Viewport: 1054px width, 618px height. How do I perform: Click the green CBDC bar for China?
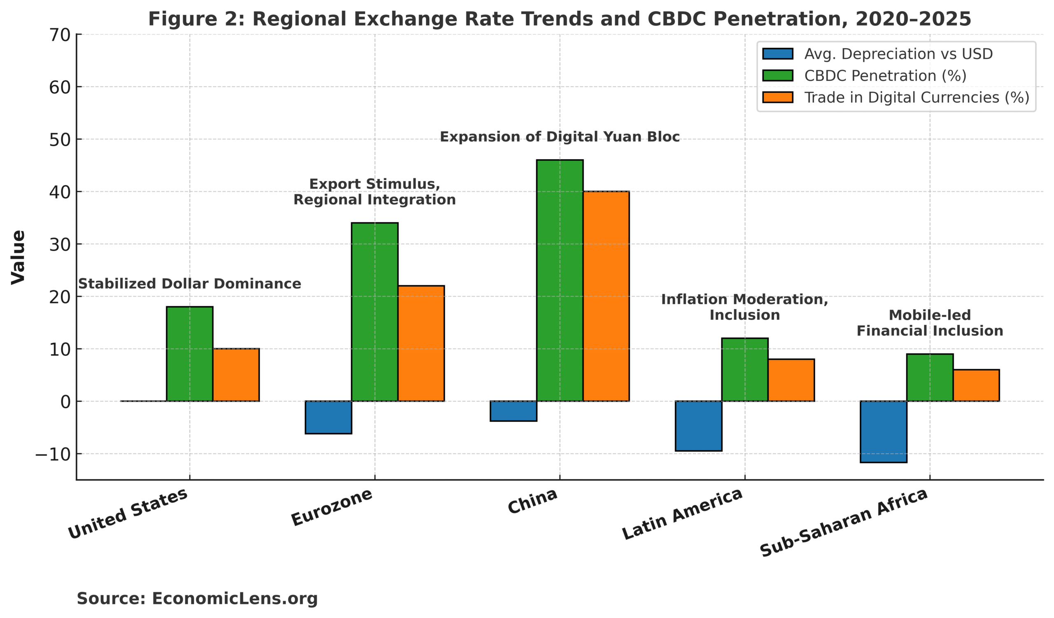click(x=560, y=280)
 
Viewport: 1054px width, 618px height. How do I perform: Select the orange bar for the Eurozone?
click(x=421, y=343)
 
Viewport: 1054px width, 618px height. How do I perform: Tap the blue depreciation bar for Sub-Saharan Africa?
click(x=884, y=432)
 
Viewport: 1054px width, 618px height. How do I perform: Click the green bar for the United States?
click(x=189, y=354)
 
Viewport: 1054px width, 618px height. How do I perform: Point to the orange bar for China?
click(x=606, y=296)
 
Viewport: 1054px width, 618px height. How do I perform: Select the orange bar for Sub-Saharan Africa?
click(x=976, y=385)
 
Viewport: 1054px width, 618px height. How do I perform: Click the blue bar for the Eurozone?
click(x=328, y=417)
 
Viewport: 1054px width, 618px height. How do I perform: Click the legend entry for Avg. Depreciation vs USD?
click(x=898, y=54)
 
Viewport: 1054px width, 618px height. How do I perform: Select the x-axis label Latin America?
click(x=683, y=514)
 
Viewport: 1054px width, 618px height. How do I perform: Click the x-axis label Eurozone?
click(x=332, y=507)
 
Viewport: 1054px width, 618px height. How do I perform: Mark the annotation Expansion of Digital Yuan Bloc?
click(x=560, y=137)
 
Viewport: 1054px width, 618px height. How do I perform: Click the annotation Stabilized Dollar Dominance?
click(x=189, y=284)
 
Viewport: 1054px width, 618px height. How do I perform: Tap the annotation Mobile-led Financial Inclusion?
click(x=930, y=323)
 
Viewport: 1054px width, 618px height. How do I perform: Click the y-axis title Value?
click(x=19, y=257)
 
